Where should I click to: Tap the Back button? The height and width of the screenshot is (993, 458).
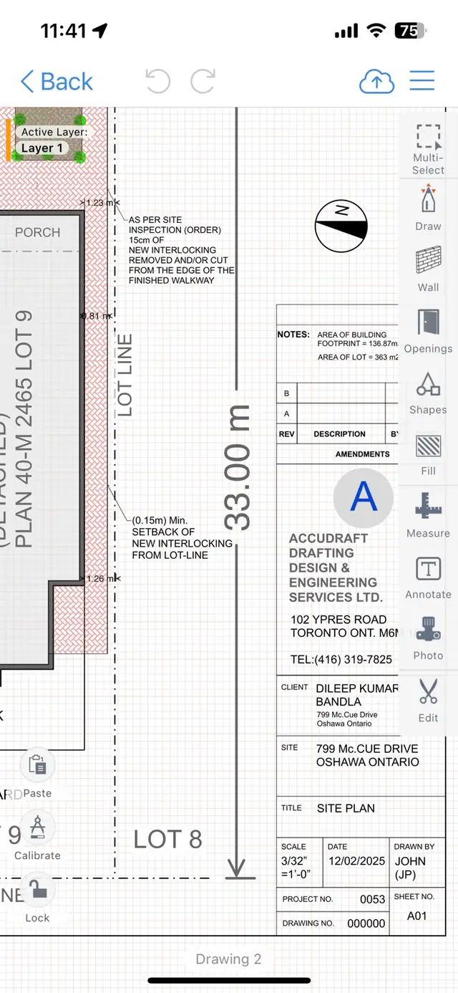click(x=57, y=82)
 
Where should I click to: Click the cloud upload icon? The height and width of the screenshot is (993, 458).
click(x=376, y=82)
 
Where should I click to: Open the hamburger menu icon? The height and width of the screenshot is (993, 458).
click(x=422, y=80)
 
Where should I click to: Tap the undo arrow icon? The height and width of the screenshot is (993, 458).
click(x=157, y=81)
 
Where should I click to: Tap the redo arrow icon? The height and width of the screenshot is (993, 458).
click(x=203, y=81)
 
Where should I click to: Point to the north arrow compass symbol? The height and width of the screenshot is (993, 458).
click(x=341, y=226)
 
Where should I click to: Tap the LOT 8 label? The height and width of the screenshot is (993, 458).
click(x=168, y=839)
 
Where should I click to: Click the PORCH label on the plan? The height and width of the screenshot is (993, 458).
click(x=38, y=232)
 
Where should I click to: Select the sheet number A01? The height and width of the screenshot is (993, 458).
click(x=416, y=916)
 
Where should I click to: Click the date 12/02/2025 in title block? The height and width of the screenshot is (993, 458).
click(x=356, y=861)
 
